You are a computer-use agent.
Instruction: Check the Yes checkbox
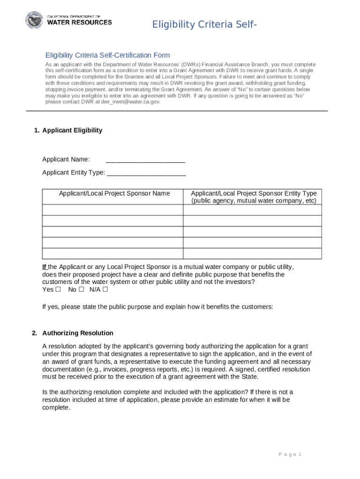click(x=58, y=290)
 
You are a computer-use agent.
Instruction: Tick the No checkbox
click(x=81, y=290)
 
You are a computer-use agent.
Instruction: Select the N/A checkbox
click(x=105, y=290)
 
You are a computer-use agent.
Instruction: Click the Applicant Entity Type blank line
click(x=146, y=173)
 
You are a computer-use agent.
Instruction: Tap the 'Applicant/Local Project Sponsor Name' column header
click(x=114, y=194)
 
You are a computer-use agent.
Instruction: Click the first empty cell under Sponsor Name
click(x=112, y=210)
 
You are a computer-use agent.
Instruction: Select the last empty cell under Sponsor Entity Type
click(x=252, y=254)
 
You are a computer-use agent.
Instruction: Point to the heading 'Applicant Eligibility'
click(x=72, y=131)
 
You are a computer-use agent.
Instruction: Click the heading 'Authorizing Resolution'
click(x=78, y=333)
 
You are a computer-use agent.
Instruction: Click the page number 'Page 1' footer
click(x=290, y=455)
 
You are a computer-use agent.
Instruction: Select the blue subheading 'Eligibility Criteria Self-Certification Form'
click(x=107, y=55)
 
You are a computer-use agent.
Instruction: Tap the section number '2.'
click(x=35, y=333)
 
